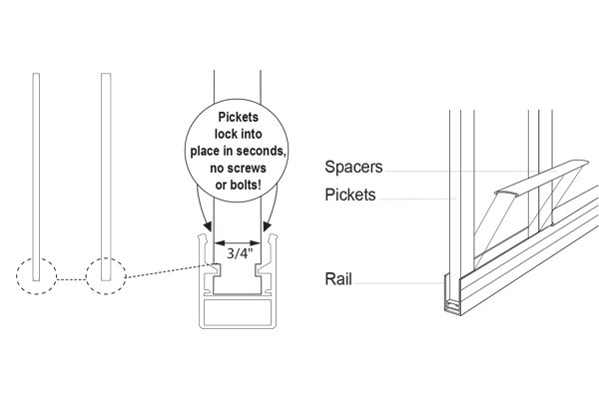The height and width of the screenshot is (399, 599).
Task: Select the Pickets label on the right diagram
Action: click(x=350, y=196)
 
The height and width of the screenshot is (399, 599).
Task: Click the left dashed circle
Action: click(x=35, y=272)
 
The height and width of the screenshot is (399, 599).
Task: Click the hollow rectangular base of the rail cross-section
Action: click(x=239, y=314)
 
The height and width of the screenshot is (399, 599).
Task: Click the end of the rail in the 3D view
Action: click(x=450, y=302)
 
